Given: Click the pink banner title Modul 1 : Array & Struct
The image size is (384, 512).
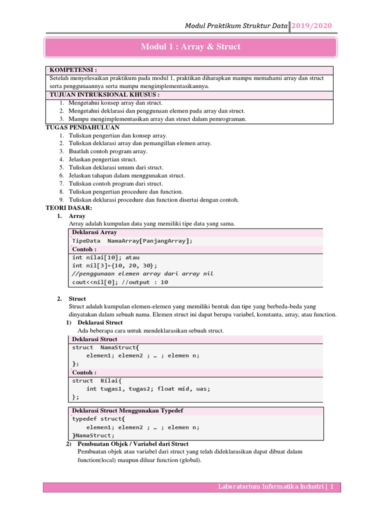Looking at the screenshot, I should click(x=190, y=47).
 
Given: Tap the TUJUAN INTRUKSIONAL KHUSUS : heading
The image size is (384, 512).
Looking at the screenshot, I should click(x=104, y=94).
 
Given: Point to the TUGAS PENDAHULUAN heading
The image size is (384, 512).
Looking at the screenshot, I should click(x=82, y=127).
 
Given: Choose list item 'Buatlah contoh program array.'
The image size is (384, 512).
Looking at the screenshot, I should click(x=108, y=151).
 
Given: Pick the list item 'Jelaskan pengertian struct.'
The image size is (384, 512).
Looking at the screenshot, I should click(x=102, y=159).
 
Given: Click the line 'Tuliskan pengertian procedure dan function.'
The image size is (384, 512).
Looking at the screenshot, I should click(x=125, y=191).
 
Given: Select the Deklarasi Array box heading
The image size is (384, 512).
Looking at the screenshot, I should click(x=94, y=232).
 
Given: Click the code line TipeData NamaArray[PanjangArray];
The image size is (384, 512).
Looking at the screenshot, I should click(x=132, y=241).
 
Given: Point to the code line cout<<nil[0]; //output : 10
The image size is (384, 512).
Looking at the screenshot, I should click(x=120, y=282).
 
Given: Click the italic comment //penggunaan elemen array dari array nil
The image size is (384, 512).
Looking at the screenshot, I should click(x=142, y=273).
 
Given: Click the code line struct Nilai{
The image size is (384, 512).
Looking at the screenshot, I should click(x=100, y=380).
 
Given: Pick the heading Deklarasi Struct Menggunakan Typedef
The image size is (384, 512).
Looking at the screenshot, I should click(x=127, y=410).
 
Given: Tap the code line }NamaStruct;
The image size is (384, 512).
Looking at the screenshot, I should click(x=93, y=435).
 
